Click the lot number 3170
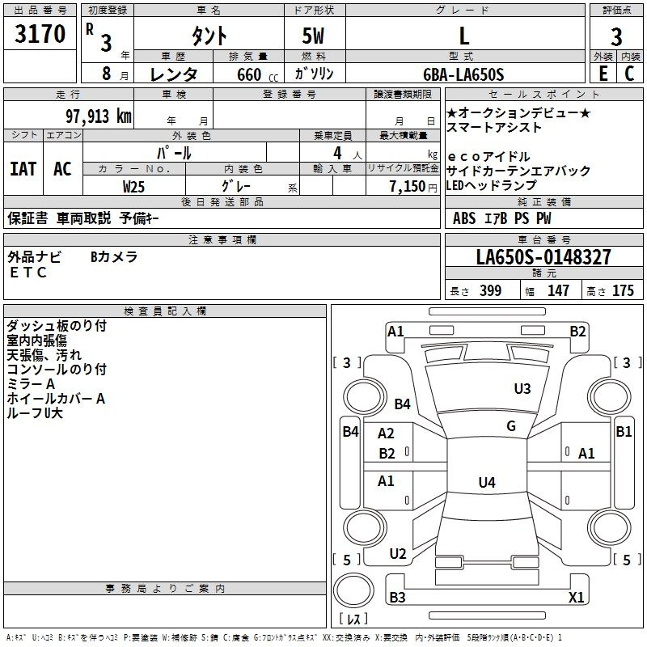[x=40, y=33]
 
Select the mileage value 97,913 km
[x=99, y=116]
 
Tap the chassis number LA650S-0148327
[x=543, y=256]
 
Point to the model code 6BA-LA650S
[x=463, y=74]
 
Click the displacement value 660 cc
[x=257, y=74]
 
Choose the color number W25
[x=133, y=187]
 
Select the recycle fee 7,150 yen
[x=413, y=187]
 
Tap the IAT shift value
[x=23, y=169]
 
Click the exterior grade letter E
[x=603, y=74]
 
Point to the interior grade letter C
[x=629, y=74]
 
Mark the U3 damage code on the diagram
[x=522, y=388]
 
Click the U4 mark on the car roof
[x=487, y=482]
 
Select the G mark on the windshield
[x=511, y=425]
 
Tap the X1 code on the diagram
[x=576, y=597]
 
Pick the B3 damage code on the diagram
[x=397, y=597]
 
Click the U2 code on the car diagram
[x=398, y=553]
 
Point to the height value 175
[x=623, y=290]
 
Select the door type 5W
[x=313, y=36]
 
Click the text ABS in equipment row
[x=464, y=218]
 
